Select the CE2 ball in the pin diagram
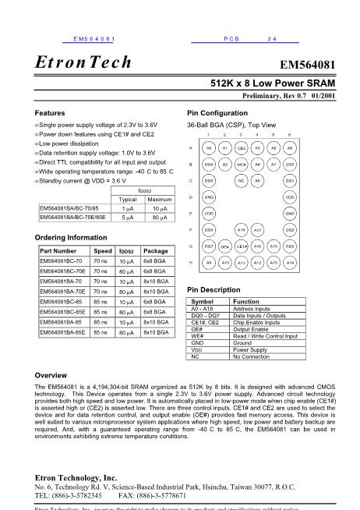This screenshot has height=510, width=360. (x=242, y=147)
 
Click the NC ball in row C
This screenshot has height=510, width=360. (x=242, y=180)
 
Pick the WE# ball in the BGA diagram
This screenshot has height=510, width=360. (x=242, y=164)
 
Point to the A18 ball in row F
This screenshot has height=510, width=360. (x=242, y=230)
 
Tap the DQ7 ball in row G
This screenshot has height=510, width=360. (x=209, y=246)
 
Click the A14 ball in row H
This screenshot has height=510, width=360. (x=290, y=263)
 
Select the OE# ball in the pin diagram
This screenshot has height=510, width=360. (x=224, y=246)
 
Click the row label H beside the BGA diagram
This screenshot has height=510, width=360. (x=191, y=263)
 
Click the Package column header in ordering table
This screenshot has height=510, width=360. (x=156, y=251)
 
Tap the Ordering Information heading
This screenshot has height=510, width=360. (x=72, y=237)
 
